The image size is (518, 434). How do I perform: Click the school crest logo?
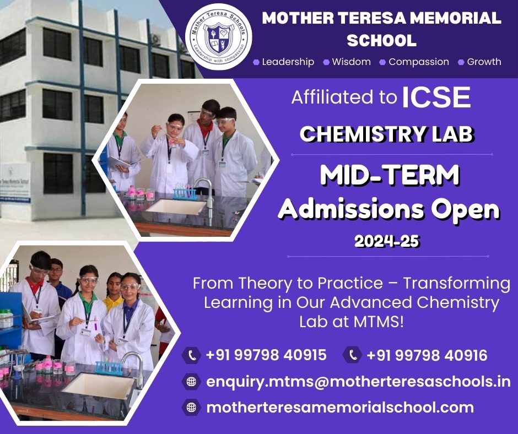218,37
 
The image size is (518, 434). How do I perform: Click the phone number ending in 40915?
266,355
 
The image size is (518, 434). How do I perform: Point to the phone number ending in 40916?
427,355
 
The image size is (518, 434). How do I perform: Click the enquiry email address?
358,382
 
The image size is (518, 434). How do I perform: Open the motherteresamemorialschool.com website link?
340,407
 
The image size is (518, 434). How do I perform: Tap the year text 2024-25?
387,241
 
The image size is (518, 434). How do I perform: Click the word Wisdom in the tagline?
351,62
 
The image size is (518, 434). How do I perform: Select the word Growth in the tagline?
484,62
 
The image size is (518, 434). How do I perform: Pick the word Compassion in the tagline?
419,62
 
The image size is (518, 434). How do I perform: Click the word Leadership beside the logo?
288,62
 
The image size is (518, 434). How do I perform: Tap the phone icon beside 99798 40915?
192,355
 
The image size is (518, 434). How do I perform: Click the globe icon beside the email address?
192,382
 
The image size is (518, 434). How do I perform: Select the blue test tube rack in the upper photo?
185,193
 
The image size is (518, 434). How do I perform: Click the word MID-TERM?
390,176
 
